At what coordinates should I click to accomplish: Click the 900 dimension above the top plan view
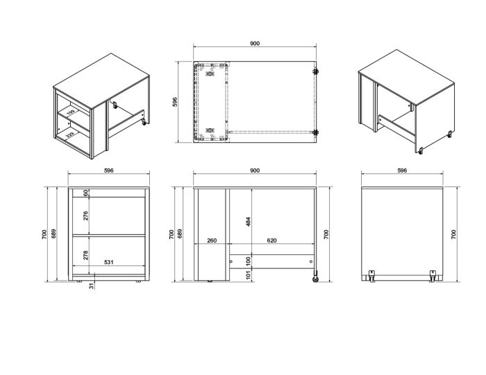click(x=254, y=44)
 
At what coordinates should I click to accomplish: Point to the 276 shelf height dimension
click(x=86, y=216)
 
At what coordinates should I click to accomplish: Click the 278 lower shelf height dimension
click(x=86, y=255)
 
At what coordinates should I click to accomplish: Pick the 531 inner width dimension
click(x=109, y=262)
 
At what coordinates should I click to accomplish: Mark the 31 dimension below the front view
click(x=91, y=286)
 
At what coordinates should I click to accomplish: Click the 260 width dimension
click(x=211, y=241)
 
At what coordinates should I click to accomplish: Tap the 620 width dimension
click(x=271, y=241)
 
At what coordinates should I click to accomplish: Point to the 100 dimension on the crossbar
click(x=247, y=261)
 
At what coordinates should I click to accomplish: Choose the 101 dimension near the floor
click(x=247, y=274)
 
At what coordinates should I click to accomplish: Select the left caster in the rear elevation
click(x=372, y=275)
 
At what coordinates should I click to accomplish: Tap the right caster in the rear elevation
click(x=433, y=275)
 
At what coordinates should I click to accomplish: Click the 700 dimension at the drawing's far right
click(x=453, y=234)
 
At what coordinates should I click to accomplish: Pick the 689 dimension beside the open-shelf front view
click(x=56, y=234)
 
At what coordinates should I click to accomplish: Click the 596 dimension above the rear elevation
click(x=402, y=171)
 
